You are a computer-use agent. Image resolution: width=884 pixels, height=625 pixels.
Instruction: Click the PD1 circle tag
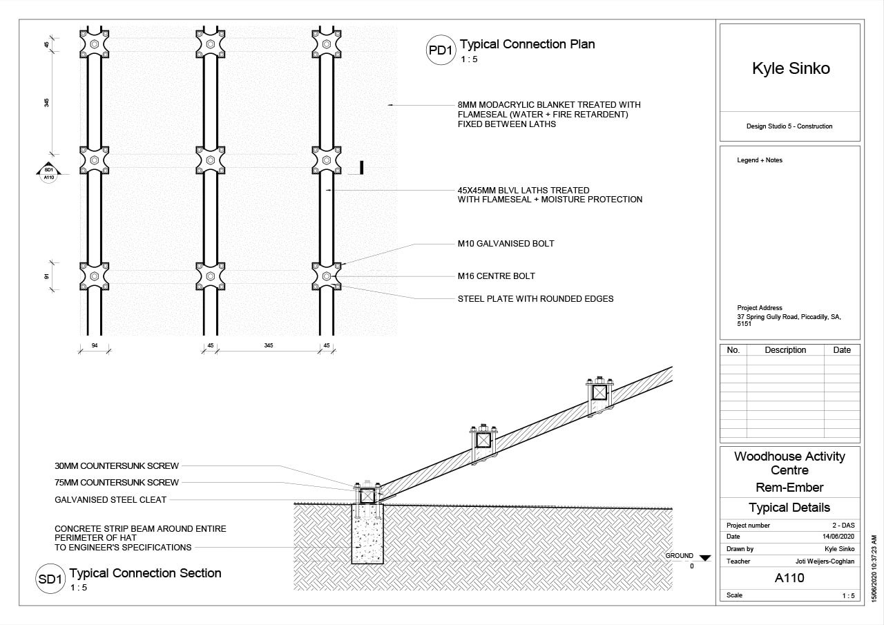440,50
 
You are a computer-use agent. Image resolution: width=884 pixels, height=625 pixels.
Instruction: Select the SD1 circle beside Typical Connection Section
50,579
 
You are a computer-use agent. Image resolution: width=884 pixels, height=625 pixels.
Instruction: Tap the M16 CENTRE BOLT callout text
496,276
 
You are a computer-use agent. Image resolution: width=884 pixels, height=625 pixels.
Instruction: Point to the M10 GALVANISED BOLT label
506,244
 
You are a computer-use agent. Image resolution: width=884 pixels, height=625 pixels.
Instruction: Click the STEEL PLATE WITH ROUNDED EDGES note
535,299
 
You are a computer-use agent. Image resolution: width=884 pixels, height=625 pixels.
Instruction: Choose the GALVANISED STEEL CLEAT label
110,500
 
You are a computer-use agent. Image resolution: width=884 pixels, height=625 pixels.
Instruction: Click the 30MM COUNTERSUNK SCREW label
117,465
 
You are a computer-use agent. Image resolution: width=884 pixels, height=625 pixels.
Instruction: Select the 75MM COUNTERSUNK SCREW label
117,483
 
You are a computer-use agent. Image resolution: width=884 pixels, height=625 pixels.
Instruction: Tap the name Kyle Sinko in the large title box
790,68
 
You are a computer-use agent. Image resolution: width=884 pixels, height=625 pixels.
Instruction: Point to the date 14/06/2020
838,537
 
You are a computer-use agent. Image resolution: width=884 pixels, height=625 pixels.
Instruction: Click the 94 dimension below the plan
94,345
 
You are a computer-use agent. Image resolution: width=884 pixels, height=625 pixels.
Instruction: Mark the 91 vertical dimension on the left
47,276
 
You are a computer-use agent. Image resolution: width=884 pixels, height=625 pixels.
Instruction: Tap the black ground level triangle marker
704,557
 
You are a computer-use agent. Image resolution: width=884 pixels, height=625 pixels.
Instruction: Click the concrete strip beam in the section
367,539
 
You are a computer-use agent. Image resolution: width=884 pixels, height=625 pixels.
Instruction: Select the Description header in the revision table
785,350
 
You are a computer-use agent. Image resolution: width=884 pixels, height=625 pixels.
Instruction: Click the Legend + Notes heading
760,160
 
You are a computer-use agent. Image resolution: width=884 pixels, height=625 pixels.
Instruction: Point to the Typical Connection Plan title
527,44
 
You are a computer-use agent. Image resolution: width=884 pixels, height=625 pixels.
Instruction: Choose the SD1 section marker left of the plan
48,172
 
